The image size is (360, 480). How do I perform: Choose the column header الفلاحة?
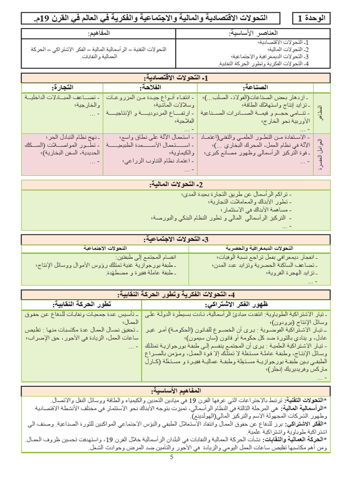[x=151, y=87]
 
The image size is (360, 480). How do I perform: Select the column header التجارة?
[x=63, y=87]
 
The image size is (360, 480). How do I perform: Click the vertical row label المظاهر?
[x=321, y=112]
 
